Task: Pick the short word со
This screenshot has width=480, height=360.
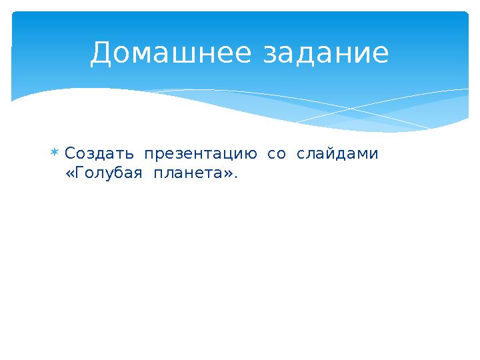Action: [x=276, y=155]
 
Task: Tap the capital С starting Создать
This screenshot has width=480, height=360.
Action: [x=70, y=154]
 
